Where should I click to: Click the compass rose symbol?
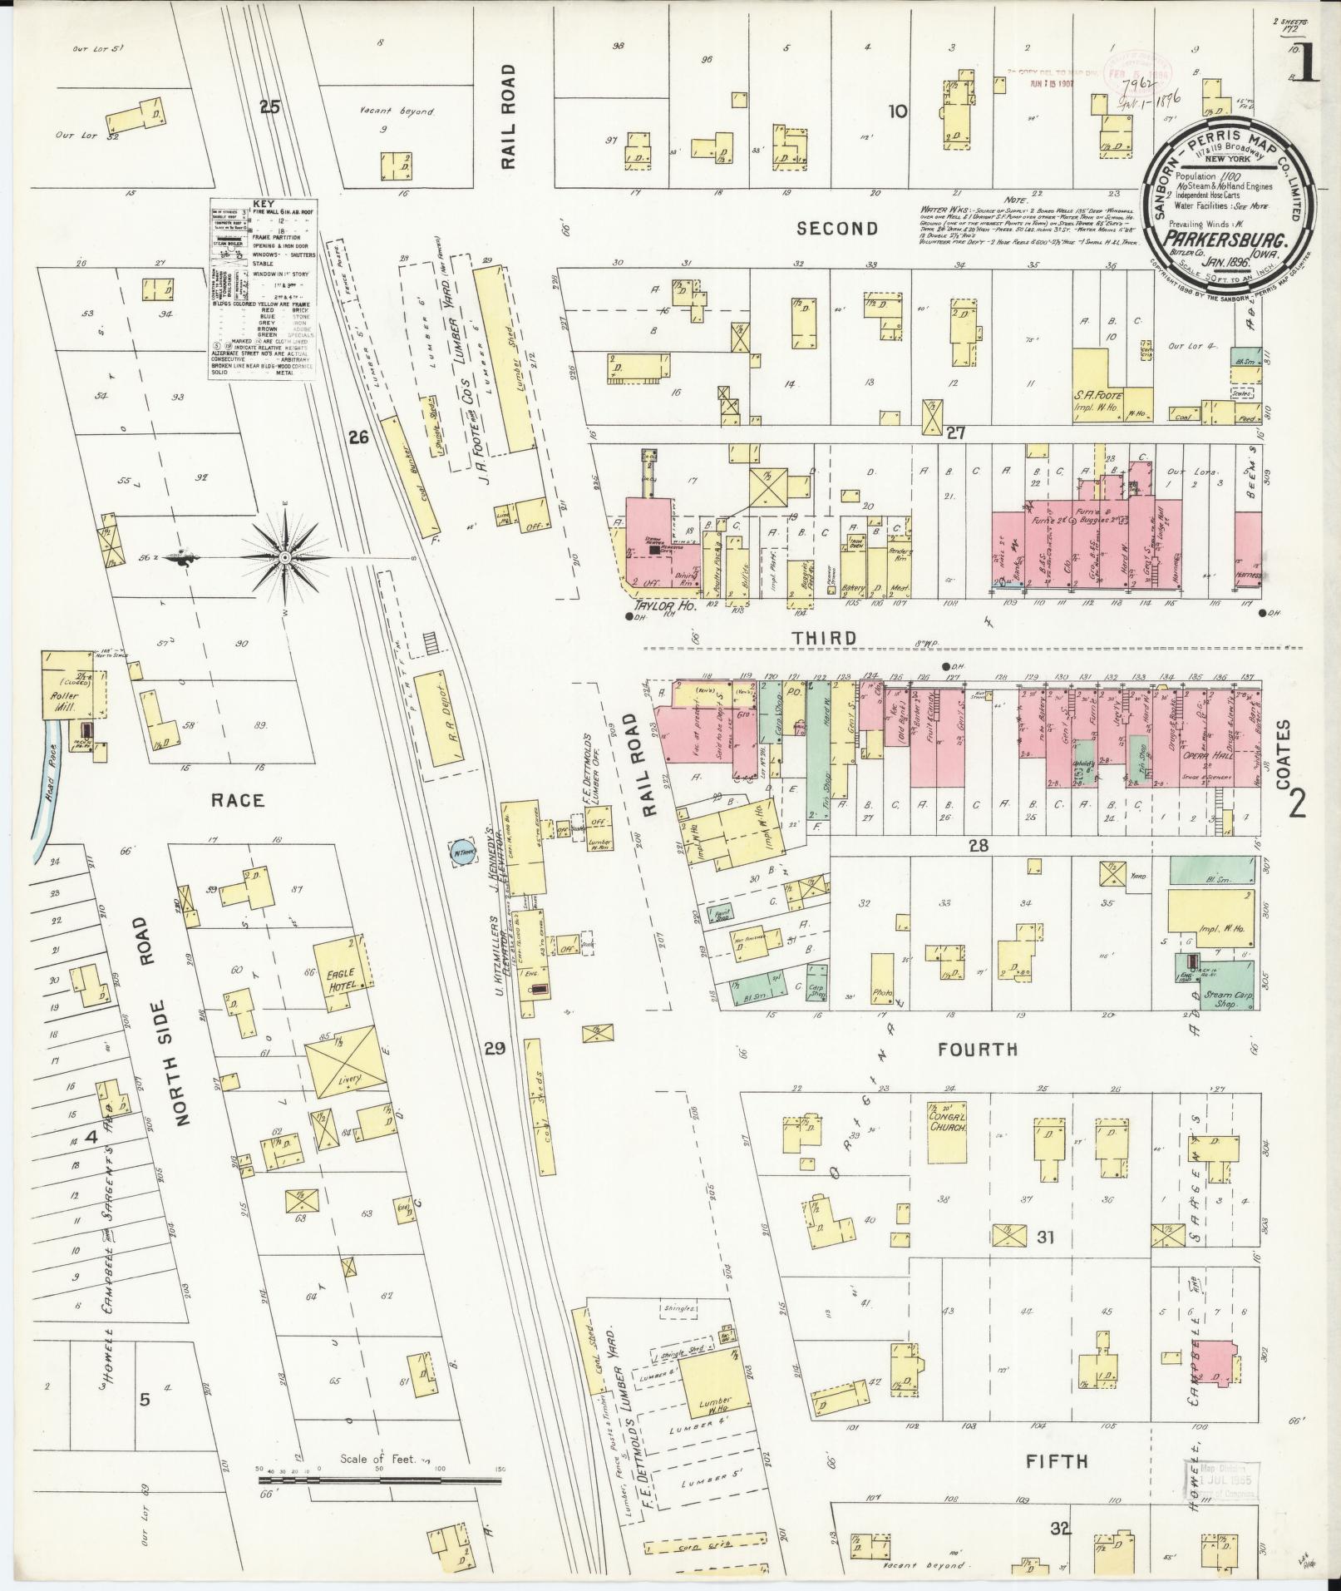coord(284,556)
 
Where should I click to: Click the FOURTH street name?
coord(977,1050)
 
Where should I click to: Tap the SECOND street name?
coord(837,228)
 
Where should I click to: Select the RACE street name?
coord(237,801)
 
